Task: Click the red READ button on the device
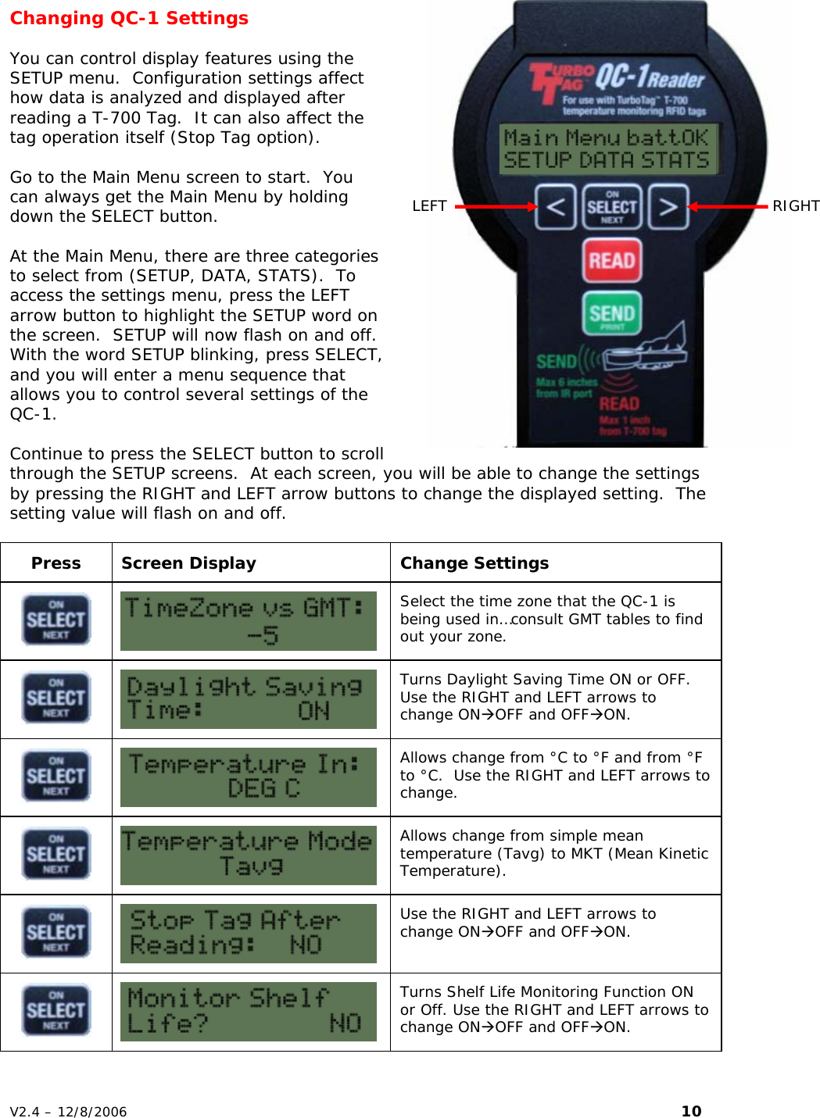pos(611,260)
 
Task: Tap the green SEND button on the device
pos(611,313)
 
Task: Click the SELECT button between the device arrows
pos(611,207)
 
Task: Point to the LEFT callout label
pos(429,206)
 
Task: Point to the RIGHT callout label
pos(795,206)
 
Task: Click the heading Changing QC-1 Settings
pos(129,18)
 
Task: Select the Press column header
pos(56,563)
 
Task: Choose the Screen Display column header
pos(188,563)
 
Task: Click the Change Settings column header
pos(474,563)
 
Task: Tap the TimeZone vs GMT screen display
pos(248,621)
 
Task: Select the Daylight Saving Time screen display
pos(248,699)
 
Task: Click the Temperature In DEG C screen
pos(248,777)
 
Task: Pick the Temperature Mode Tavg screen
pos(248,855)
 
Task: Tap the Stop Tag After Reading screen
pos(248,934)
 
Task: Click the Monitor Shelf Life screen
pos(248,1012)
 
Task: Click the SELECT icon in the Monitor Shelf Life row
pos(56,1011)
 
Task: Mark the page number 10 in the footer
pos(691,1111)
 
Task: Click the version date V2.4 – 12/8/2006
pos(69,1112)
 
